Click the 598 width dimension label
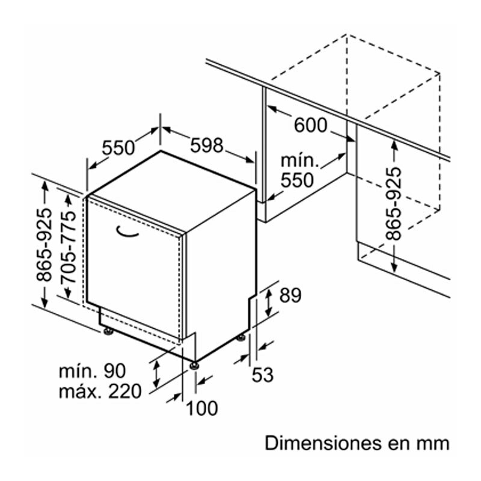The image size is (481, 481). pyautogui.click(x=207, y=146)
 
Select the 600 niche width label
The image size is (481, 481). pyautogui.click(x=311, y=126)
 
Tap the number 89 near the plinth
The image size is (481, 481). pyautogui.click(x=289, y=296)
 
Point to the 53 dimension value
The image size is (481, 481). pyautogui.click(x=262, y=375)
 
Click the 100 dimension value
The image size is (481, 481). pyautogui.click(x=201, y=408)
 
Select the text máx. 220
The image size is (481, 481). pyautogui.click(x=100, y=392)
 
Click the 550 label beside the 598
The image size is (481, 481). pyautogui.click(x=118, y=147)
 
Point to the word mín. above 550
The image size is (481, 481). pyautogui.click(x=299, y=161)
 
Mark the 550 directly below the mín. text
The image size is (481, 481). pyautogui.click(x=298, y=180)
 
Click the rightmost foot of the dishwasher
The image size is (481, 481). pyautogui.click(x=242, y=338)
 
